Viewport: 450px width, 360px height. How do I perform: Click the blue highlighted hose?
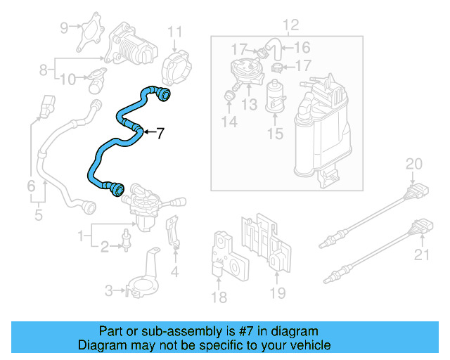105,145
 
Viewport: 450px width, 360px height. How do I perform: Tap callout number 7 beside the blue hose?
160,132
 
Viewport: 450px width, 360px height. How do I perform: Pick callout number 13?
250,105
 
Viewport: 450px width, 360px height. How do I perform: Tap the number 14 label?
229,122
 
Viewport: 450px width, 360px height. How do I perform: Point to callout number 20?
414,165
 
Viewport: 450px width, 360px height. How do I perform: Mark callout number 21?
421,254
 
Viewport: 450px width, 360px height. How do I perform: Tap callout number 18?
219,297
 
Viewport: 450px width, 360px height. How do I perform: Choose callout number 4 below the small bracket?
174,271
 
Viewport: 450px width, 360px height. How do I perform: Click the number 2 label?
103,246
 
